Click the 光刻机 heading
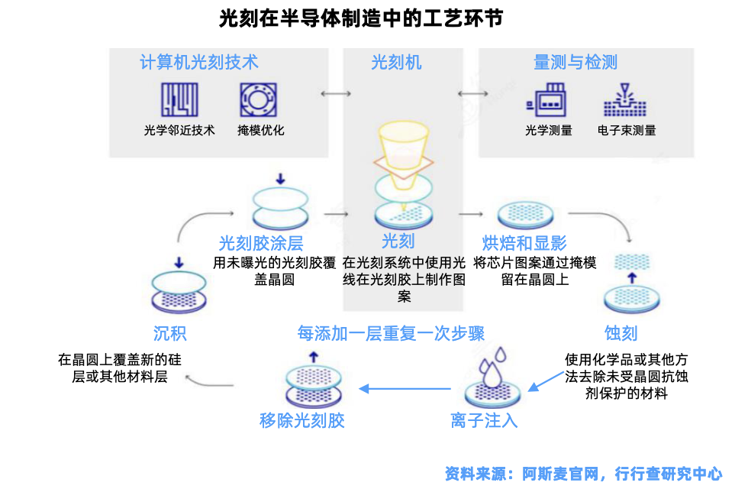click(396, 63)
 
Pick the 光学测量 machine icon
click(548, 99)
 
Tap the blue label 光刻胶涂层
click(261, 243)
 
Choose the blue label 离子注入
click(484, 420)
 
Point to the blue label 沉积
click(169, 333)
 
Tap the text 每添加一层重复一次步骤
click(391, 333)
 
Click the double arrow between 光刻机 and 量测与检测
click(472, 93)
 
